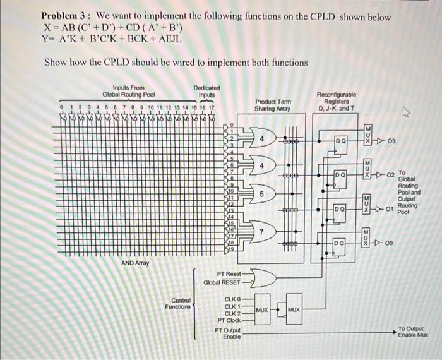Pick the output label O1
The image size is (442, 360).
coord(390,207)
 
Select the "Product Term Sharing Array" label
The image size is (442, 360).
coord(272,105)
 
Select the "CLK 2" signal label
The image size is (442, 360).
coord(232,313)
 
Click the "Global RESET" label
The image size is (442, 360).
coord(222,283)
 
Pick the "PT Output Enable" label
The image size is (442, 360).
coord(229,333)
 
